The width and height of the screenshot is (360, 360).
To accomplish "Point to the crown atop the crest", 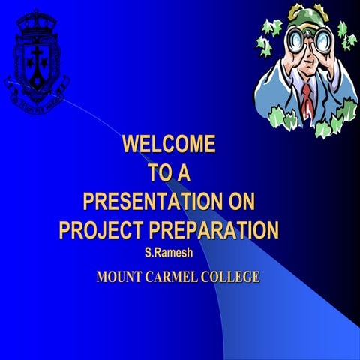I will [x=35, y=20].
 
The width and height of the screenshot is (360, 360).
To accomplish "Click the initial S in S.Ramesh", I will [x=148, y=250].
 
